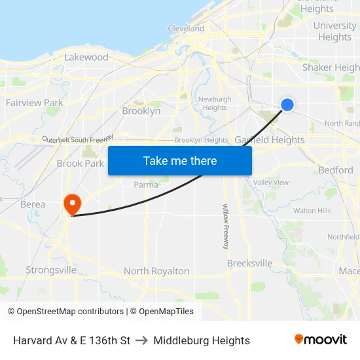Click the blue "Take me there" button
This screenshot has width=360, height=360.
point(180,160)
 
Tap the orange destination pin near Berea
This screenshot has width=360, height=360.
point(71,204)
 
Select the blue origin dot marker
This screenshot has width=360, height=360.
point(287,104)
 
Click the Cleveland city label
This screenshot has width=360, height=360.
point(186,29)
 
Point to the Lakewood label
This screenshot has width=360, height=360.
point(86,58)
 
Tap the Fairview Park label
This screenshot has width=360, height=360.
point(35,103)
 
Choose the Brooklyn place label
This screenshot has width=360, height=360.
point(141,111)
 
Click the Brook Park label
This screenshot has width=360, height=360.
point(81,164)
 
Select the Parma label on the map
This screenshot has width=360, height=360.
point(146,185)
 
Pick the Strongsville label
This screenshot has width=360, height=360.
point(51,270)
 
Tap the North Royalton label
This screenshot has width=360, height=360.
point(156,271)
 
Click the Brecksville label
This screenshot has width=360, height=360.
point(249,263)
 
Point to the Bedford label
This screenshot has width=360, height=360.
point(336,170)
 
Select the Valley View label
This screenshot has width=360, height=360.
point(271,183)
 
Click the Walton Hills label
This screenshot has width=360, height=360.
point(312,211)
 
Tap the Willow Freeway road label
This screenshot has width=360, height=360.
point(225,226)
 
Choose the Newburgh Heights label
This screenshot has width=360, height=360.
point(214,103)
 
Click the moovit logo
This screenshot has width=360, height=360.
point(321,340)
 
